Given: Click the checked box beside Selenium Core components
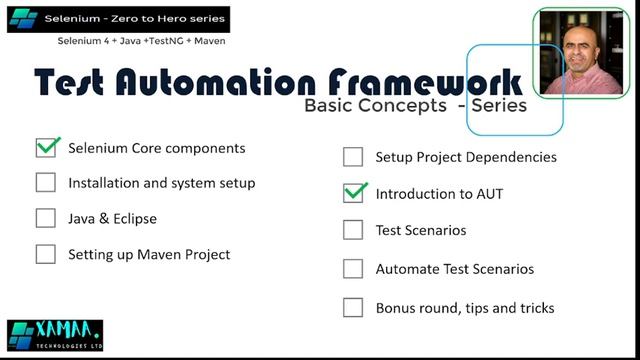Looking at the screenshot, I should click(x=46, y=148).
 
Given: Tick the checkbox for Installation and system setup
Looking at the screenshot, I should click(x=46, y=183).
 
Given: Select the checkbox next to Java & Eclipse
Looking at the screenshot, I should click(x=46, y=218).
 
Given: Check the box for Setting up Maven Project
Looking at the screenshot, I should click(x=46, y=254).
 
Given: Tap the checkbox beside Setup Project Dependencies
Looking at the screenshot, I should click(x=353, y=157).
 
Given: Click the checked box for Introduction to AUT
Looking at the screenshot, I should click(x=353, y=193).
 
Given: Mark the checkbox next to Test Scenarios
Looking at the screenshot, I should click(x=353, y=230).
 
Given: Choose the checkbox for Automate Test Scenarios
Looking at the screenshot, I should click(x=353, y=269).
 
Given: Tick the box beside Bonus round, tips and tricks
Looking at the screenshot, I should click(x=353, y=307).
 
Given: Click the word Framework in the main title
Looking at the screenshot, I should click(x=425, y=82).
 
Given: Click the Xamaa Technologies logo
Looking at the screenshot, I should click(x=54, y=335).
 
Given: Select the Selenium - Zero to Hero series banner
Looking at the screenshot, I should click(x=118, y=19).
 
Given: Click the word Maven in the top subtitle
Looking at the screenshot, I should click(x=205, y=41).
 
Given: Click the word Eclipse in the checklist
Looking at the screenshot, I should click(x=133, y=218).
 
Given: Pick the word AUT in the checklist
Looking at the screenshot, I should click(x=487, y=194).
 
